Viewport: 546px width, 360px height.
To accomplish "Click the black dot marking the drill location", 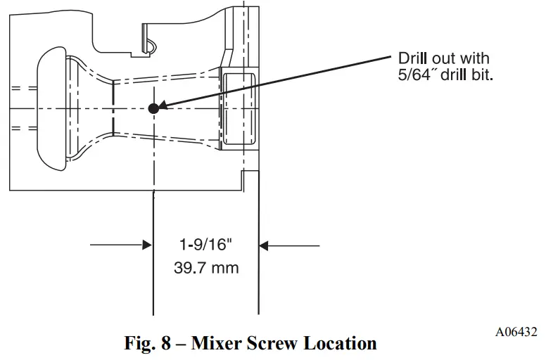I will pos(153,108).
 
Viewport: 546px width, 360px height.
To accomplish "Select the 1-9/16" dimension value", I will pos(205,245).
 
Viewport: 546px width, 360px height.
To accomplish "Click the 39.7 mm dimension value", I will pos(205,267).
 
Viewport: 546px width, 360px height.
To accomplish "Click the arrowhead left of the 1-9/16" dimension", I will pos(146,245).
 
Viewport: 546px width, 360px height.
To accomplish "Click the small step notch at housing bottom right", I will pos(243,179).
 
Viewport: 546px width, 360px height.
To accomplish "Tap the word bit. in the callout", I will pos(482,75).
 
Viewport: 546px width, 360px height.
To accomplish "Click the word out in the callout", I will pos(454,58).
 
